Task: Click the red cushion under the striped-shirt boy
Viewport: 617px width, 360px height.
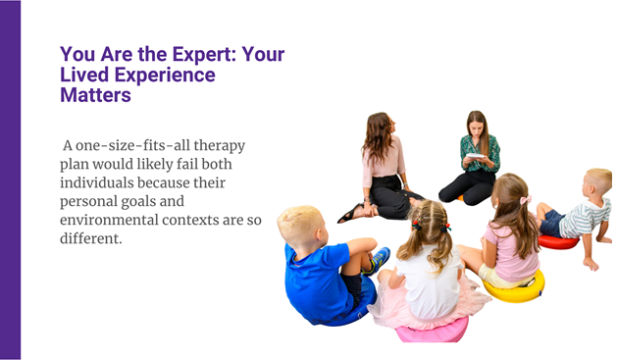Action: [558, 241]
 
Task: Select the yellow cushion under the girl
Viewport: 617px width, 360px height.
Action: [516, 288]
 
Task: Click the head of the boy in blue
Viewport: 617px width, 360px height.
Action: [299, 227]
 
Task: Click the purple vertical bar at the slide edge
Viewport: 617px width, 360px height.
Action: [10, 180]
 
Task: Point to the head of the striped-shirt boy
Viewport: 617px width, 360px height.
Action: [597, 181]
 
